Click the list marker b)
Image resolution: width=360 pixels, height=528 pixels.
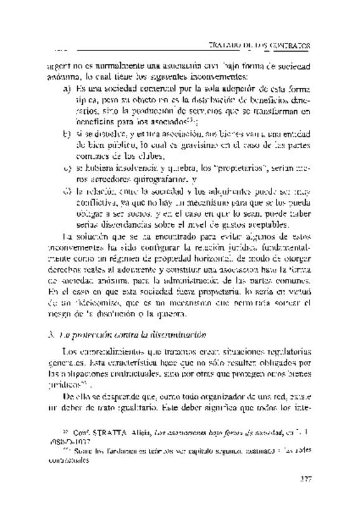point(67,133)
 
